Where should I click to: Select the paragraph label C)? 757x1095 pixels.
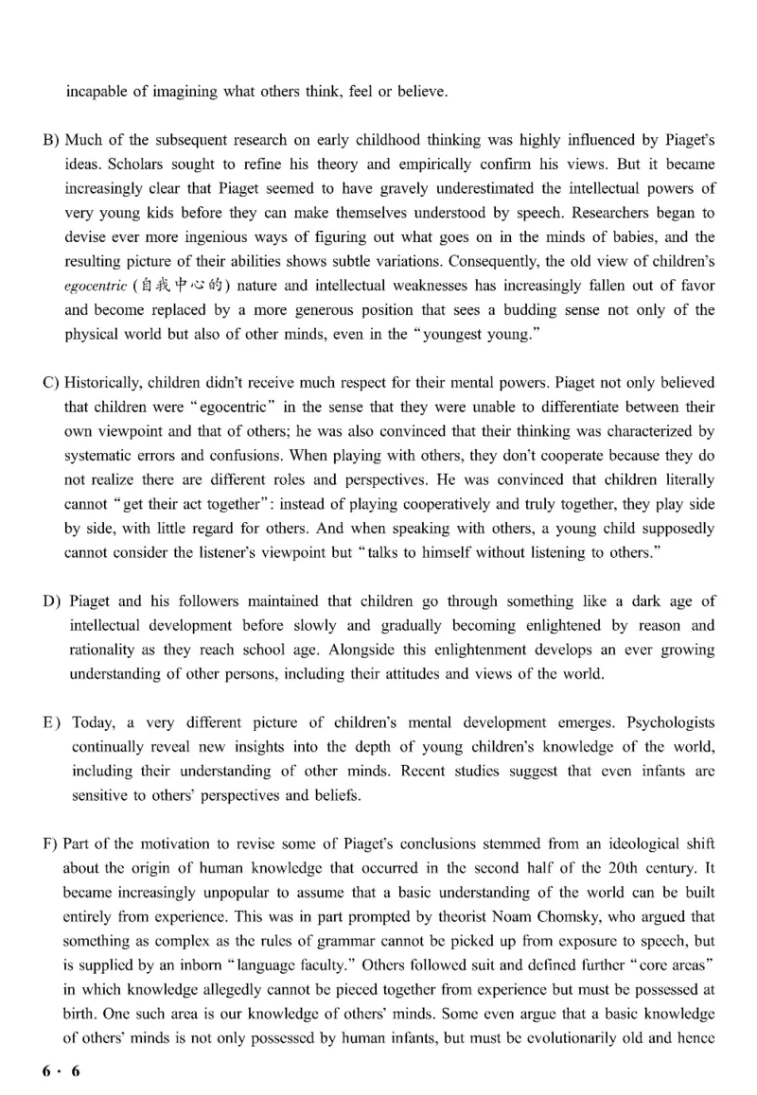(52, 381)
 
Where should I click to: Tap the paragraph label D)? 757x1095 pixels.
(55, 601)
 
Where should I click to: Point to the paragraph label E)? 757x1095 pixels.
(54, 722)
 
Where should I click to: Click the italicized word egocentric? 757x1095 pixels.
(98, 286)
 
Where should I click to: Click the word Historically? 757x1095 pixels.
(106, 381)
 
